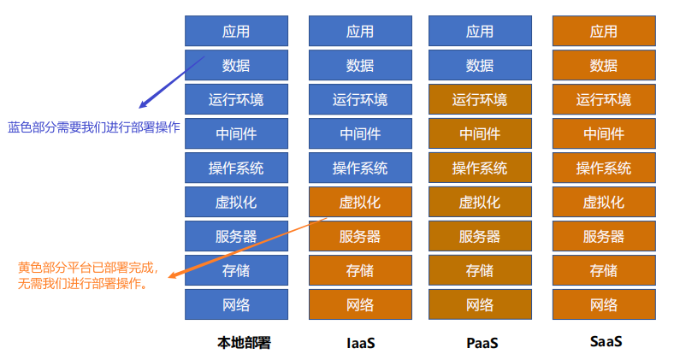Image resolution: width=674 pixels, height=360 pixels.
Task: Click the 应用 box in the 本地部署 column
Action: point(236,32)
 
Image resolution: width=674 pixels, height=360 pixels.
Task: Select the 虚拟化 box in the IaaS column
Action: point(360,203)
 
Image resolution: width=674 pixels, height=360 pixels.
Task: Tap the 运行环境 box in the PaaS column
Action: point(480,100)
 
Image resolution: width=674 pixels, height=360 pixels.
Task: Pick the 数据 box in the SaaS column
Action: point(604,66)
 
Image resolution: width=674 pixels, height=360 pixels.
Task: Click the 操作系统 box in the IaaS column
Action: point(360,168)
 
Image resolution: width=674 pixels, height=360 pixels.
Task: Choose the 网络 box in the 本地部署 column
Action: point(236,305)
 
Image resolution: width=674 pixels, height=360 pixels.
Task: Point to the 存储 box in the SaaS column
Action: point(604,271)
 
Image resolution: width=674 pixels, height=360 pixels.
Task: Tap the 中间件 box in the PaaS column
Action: point(480,134)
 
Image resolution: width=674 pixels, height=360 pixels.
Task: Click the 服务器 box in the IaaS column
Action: point(360,237)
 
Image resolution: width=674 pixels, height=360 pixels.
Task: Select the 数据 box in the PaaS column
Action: point(480,66)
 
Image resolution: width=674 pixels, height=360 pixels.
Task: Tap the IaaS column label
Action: point(360,343)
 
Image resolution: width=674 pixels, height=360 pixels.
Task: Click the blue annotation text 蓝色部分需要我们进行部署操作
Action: point(94,127)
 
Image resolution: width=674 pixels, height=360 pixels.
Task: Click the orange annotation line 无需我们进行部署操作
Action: point(82,283)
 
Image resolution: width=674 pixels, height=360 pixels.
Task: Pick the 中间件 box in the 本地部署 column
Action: point(236,134)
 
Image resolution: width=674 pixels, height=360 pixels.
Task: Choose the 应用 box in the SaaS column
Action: point(604,32)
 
